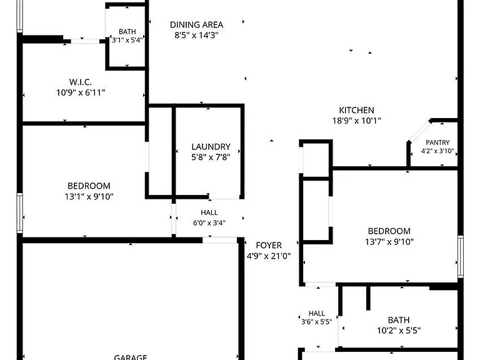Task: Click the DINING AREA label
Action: coord(196,25)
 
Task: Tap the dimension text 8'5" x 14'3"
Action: coord(196,35)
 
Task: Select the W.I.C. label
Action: coord(81,82)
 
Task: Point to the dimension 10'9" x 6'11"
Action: coord(81,92)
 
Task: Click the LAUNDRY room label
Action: coord(211,147)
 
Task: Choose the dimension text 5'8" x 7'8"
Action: coord(211,157)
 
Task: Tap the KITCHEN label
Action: coord(357,110)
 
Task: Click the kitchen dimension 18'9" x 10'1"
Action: coord(357,121)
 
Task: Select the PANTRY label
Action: coord(437,142)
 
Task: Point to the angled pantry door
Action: coord(419,131)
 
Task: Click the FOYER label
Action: coord(269,246)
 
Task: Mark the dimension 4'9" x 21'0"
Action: coord(269,256)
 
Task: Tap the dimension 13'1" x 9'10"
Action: coord(89,196)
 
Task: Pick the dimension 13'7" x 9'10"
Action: coord(389,242)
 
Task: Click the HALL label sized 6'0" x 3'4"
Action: coord(209,212)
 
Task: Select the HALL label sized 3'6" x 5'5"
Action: coord(316,314)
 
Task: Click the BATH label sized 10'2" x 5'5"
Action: coord(399,320)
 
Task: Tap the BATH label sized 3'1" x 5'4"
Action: coord(127,32)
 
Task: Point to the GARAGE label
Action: coord(131,357)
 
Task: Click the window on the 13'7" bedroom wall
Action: coord(461,256)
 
